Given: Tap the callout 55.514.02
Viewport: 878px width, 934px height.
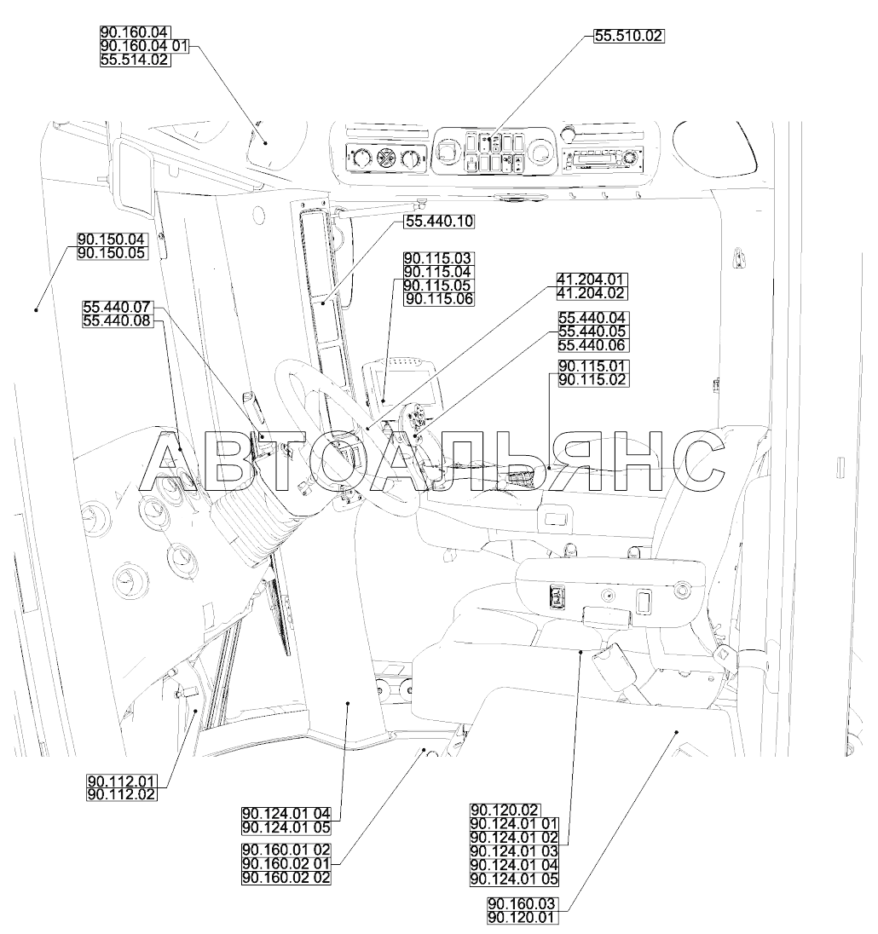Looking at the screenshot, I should coord(135,60).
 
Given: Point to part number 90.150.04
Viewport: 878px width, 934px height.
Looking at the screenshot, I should coord(112,239).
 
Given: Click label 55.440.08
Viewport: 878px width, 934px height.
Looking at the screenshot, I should coord(117,320).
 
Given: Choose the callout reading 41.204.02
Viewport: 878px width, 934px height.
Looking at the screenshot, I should coord(591,292).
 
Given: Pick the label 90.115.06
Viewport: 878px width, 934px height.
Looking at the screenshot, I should coord(439,298).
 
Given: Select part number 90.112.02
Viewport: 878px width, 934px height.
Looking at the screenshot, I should coord(122,794).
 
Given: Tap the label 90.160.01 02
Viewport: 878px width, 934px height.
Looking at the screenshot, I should coord(286,850).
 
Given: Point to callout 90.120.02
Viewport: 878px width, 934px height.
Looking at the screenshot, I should coord(505,810).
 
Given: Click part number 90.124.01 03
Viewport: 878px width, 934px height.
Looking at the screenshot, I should coord(513,850).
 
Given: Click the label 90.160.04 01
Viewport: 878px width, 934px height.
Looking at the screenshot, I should coord(143,46).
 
